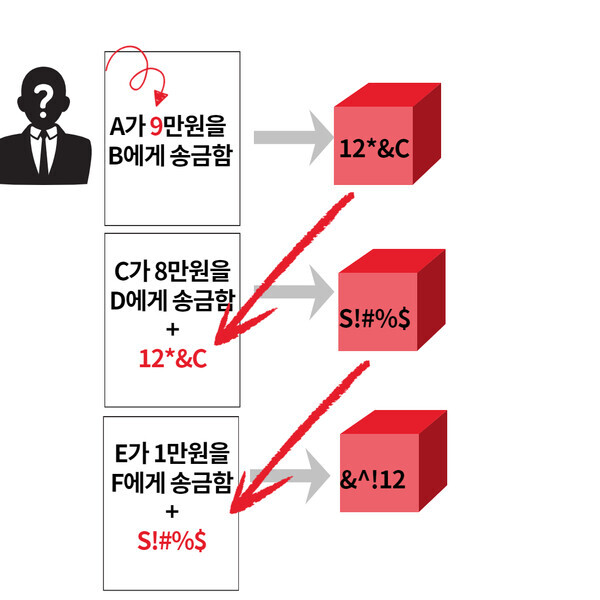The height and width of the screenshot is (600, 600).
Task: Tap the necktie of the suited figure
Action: click(43, 150)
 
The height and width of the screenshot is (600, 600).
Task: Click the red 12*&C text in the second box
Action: click(171, 359)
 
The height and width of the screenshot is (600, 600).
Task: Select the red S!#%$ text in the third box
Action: click(172, 540)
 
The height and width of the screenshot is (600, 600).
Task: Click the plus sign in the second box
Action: click(171, 329)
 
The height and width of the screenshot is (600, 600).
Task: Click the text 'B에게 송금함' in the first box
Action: click(171, 157)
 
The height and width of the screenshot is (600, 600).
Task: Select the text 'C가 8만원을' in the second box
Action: click(171, 270)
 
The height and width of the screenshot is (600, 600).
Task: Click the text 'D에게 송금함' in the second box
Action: click(171, 299)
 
